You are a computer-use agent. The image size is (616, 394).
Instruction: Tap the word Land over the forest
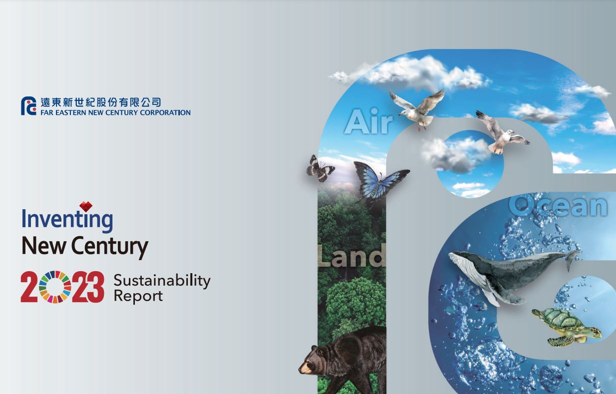(x=352, y=256)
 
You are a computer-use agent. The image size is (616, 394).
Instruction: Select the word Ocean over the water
(x=559, y=205)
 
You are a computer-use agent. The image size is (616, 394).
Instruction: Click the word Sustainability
(x=162, y=280)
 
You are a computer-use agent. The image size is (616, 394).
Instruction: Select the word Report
(x=138, y=296)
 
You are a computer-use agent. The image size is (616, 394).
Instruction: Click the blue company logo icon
(x=28, y=106)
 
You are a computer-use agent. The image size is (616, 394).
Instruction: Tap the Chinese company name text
(x=100, y=102)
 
